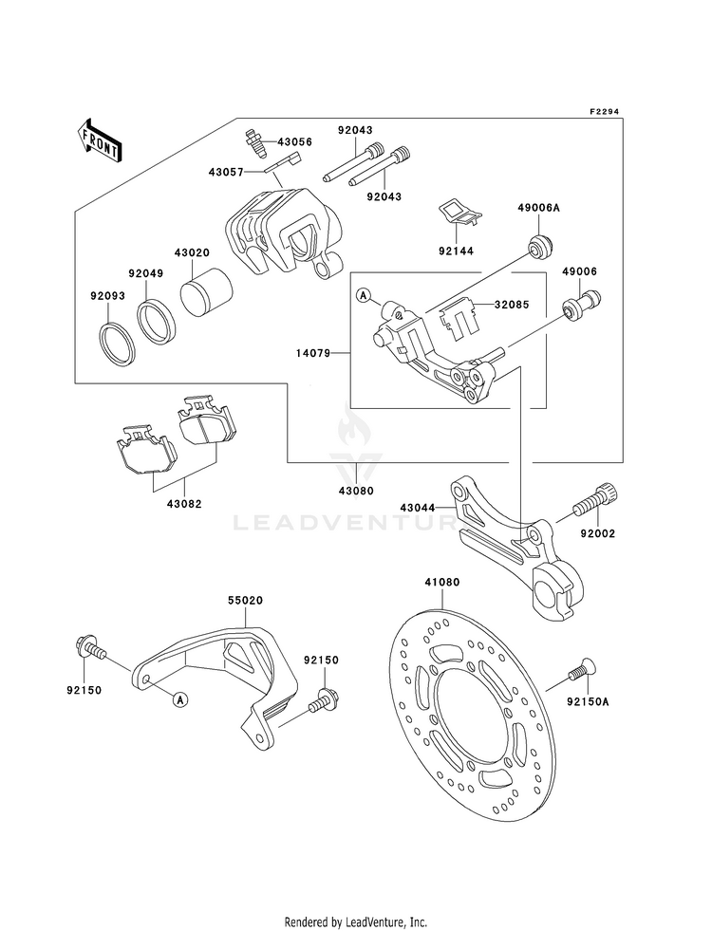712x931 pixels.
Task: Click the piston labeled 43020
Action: tap(206, 291)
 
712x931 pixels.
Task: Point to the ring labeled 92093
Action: tap(117, 343)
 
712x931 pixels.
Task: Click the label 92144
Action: tap(456, 251)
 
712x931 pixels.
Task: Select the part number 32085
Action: tap(512, 306)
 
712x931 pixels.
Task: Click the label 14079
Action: tap(313, 353)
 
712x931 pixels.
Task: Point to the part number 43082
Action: tap(184, 504)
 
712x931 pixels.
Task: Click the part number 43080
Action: tap(356, 491)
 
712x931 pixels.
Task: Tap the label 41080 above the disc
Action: tap(441, 583)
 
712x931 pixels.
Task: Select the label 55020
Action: tap(245, 601)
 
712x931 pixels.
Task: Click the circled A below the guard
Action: tap(180, 700)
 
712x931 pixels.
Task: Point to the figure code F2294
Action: tap(604, 111)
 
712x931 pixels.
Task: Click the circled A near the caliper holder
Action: tap(363, 294)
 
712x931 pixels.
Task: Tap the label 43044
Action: tap(418, 508)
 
